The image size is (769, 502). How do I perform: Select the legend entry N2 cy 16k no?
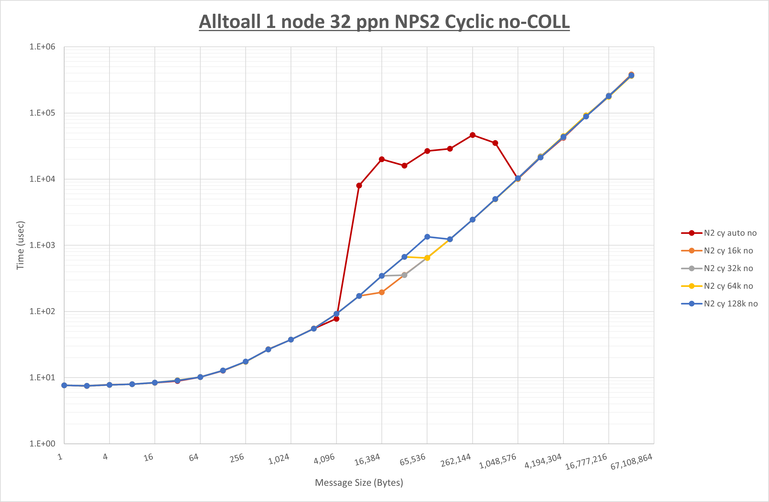click(x=728, y=251)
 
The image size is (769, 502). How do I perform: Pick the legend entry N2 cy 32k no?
click(x=728, y=268)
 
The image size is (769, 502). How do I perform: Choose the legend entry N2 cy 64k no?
click(x=728, y=286)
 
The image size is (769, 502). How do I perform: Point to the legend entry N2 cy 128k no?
click(x=731, y=304)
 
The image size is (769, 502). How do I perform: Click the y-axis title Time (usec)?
click(x=20, y=245)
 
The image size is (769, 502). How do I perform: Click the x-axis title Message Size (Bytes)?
click(x=359, y=483)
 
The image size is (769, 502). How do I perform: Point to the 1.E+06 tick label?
click(x=42, y=47)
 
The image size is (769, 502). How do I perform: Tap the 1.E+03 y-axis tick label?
click(x=42, y=245)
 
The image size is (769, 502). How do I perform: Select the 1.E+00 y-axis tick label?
click(x=42, y=443)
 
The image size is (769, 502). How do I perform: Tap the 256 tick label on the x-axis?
click(x=237, y=458)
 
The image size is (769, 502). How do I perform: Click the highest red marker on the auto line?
click(x=472, y=135)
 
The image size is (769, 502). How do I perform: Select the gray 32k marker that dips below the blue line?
click(x=404, y=275)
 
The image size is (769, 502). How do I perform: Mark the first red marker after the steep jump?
click(x=359, y=185)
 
